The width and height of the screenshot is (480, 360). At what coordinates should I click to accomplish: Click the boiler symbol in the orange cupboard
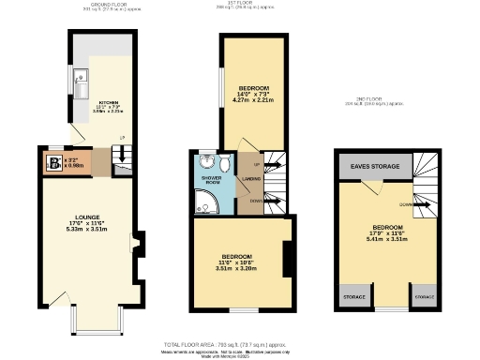coord(54,162)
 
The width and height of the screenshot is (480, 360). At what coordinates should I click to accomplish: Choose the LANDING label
coord(251,179)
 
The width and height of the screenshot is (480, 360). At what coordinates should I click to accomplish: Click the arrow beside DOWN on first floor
coord(273,201)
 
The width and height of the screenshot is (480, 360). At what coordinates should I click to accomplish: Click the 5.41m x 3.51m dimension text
coord(387,238)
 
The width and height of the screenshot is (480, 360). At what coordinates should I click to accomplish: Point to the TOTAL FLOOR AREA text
coord(240,345)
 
